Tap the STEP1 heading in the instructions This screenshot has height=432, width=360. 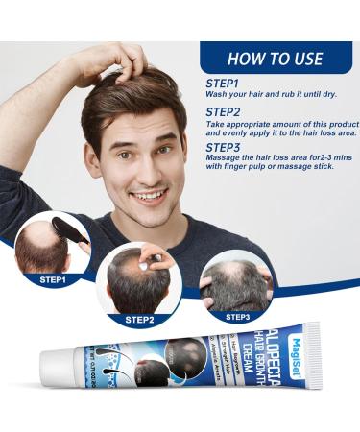click(223, 84)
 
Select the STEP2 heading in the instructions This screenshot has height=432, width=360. click(223, 112)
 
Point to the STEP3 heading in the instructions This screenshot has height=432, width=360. click(223, 149)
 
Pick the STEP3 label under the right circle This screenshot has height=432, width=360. click(237, 315)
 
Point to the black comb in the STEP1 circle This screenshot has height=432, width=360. click(71, 233)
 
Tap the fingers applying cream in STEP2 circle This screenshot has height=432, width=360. click(157, 261)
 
